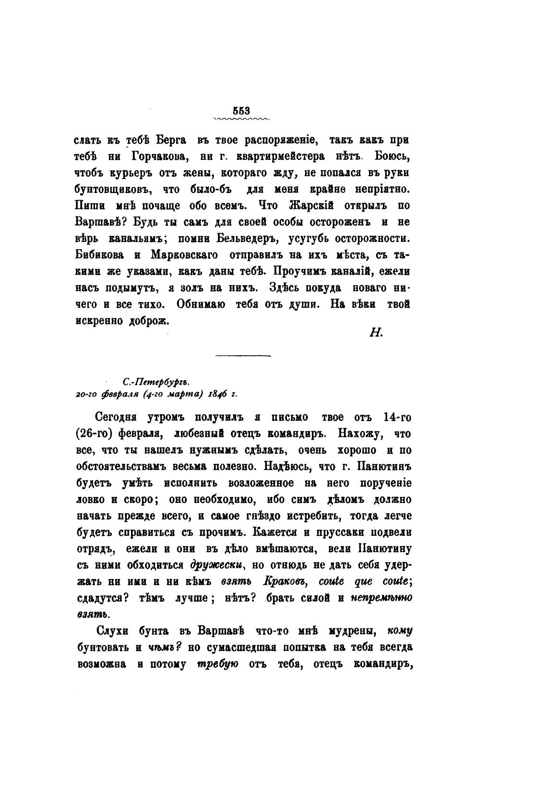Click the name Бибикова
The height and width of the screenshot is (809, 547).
tap(100, 254)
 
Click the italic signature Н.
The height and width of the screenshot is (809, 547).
tap(375, 333)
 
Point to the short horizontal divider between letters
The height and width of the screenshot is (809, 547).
tap(243, 356)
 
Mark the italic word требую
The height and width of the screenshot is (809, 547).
tap(215, 664)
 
